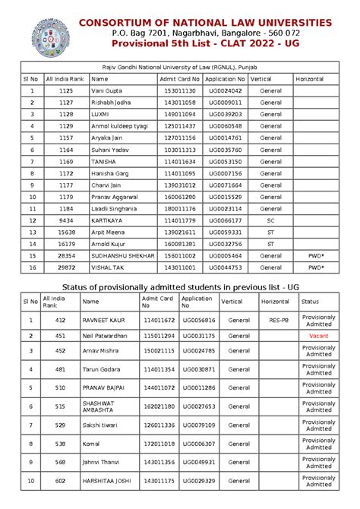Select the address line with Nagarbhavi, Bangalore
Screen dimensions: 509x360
(205, 34)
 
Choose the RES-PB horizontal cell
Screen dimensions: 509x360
(278, 320)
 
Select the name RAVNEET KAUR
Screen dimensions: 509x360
(103, 320)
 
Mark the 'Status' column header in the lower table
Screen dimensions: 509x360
(310, 302)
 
